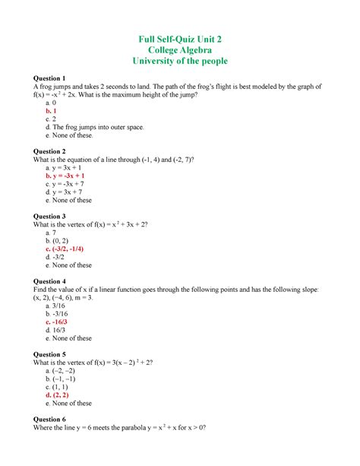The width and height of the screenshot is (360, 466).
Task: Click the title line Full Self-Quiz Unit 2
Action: coord(180,39)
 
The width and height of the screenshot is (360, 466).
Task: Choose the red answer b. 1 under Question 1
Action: coord(53,110)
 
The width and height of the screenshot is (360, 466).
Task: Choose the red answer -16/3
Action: coord(61,322)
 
